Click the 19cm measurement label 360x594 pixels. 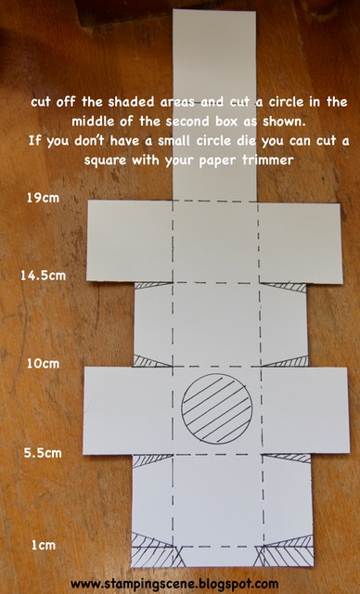coord(43,198)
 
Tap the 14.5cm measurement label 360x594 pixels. coord(44,276)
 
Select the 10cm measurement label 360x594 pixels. coord(43,364)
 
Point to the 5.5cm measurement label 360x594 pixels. coord(43,453)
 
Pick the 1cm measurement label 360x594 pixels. coord(44,545)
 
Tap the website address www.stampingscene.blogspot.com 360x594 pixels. coord(174,584)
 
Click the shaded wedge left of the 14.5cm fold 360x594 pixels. coord(152,285)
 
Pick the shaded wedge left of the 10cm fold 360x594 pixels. coord(148,362)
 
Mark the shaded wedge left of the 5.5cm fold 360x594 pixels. coord(149,459)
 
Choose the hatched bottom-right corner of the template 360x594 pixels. coord(286,551)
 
